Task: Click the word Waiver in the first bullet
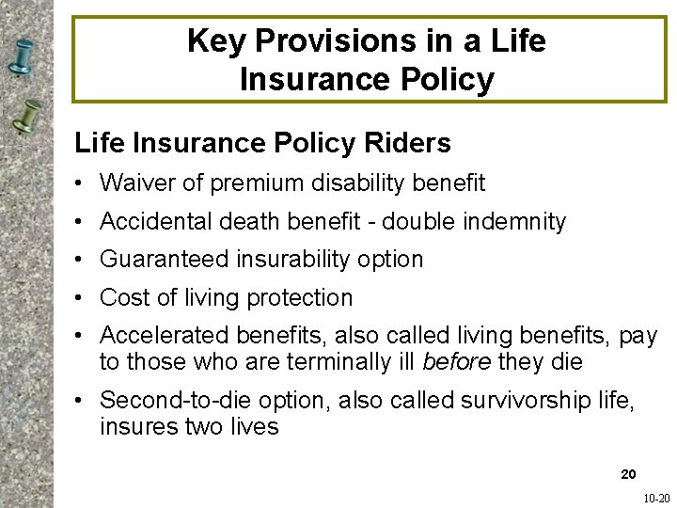click(134, 183)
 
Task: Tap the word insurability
click(287, 259)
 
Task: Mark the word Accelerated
click(155, 336)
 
